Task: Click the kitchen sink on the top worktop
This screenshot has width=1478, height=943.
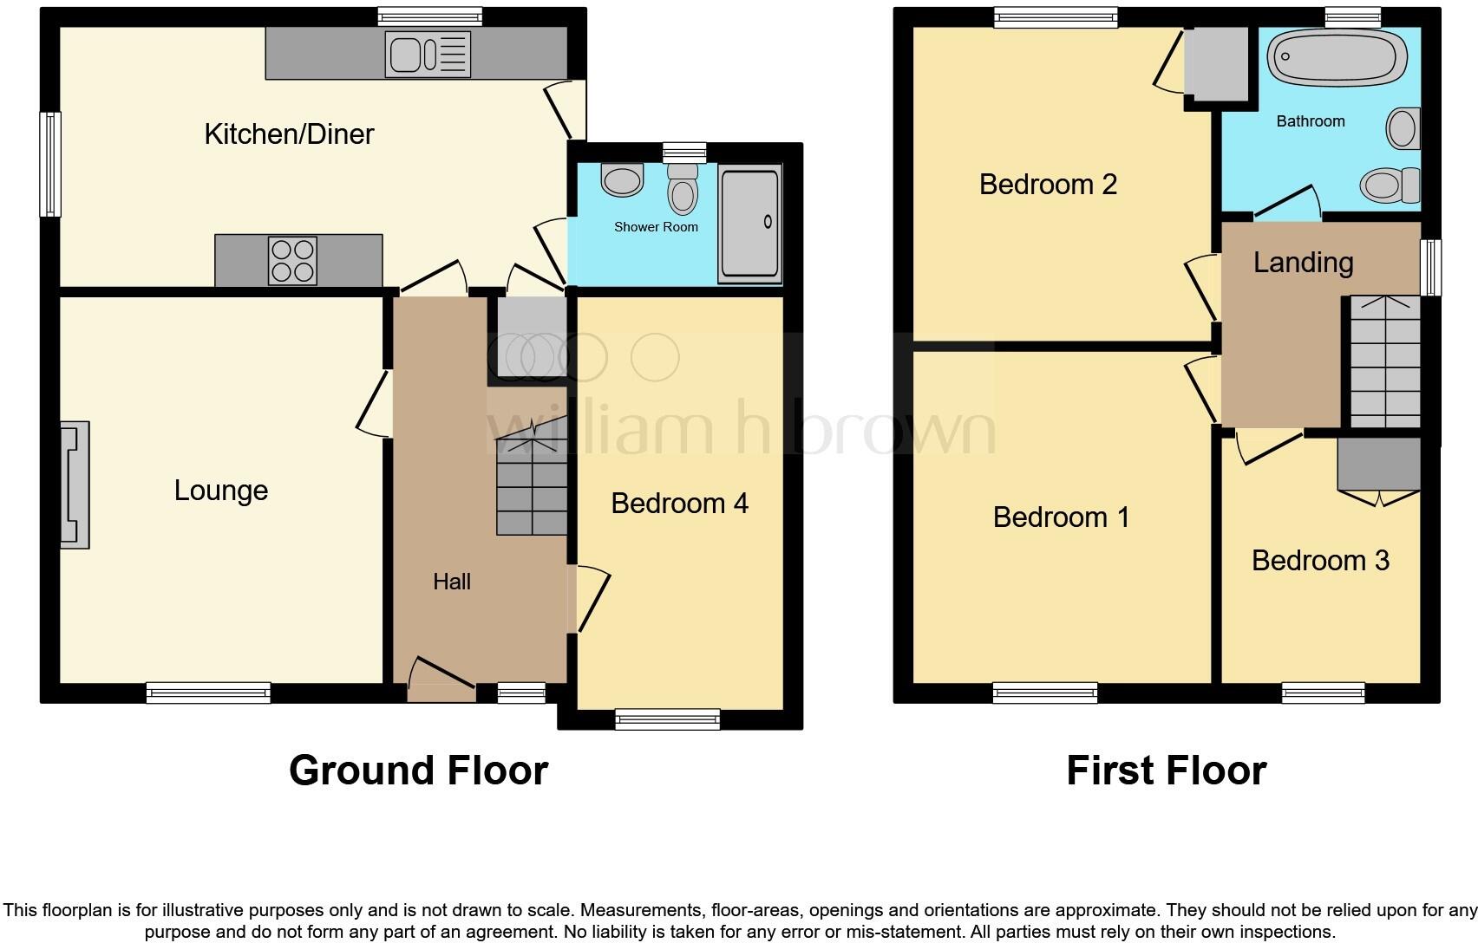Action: click(x=428, y=55)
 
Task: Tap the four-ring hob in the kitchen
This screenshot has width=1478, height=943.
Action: click(x=292, y=261)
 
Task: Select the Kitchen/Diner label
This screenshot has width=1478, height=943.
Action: click(x=289, y=133)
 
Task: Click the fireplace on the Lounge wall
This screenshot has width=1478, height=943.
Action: click(x=75, y=485)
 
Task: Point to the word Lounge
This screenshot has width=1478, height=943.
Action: click(x=221, y=491)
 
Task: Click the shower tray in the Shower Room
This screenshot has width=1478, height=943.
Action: click(x=749, y=224)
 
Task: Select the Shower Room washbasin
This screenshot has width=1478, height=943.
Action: click(x=622, y=180)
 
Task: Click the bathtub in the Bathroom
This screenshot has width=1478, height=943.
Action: click(x=1337, y=58)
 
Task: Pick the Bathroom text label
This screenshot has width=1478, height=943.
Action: click(x=1310, y=121)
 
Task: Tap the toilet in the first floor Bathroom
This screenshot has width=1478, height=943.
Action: click(x=1390, y=185)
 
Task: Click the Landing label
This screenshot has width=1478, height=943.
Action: click(x=1303, y=263)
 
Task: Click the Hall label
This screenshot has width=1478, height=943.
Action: click(x=452, y=582)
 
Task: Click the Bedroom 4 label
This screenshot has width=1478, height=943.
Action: click(x=679, y=504)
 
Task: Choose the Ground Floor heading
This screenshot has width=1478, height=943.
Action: click(x=418, y=770)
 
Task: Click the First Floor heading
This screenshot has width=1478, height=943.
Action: click(x=1166, y=770)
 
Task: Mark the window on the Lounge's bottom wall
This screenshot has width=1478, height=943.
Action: click(x=208, y=693)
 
